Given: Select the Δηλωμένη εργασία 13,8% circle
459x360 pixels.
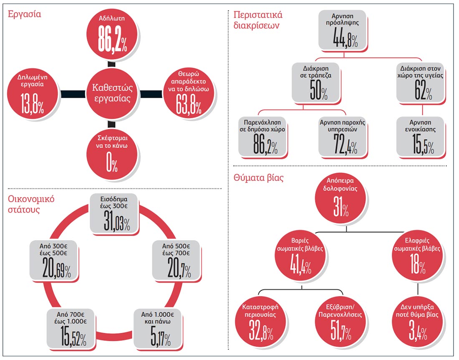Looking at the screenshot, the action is click(33, 94).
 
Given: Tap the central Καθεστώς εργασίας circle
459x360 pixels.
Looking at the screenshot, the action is click(112, 94).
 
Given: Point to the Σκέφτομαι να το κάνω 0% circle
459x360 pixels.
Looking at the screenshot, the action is click(112, 154).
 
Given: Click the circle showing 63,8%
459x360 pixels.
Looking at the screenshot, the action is click(189, 94).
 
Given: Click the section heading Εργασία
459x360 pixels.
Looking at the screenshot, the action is click(24, 14).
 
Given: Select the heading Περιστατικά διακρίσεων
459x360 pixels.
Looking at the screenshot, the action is click(258, 20).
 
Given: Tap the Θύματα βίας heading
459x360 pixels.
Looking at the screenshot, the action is click(258, 178).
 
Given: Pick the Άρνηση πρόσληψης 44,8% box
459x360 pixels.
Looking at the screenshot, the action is click(342, 30).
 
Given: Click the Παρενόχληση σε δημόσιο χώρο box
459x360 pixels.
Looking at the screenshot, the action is click(262, 137).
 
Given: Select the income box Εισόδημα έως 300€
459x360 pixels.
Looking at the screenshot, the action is click(113, 213).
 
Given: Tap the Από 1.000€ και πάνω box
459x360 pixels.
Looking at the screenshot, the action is click(157, 329).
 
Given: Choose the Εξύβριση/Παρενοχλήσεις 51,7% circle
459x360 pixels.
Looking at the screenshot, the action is click(340, 322).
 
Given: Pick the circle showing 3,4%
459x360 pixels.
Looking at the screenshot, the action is click(417, 322).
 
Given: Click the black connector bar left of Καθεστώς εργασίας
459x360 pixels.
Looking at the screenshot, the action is click(73, 94).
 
